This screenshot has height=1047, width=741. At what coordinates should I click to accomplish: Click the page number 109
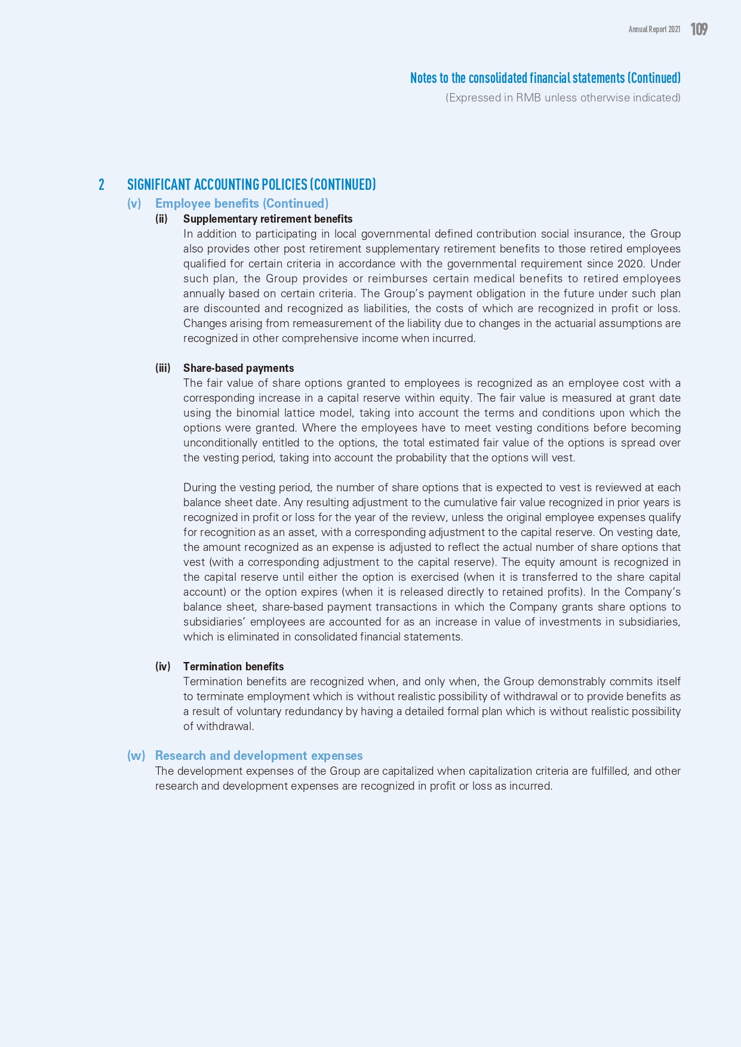tap(699, 29)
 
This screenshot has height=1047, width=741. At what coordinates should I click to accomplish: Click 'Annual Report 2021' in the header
tap(654, 29)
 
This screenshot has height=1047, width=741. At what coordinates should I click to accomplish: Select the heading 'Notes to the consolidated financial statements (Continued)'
tap(545, 78)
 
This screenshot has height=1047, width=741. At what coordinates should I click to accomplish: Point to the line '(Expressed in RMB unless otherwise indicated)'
tap(562, 98)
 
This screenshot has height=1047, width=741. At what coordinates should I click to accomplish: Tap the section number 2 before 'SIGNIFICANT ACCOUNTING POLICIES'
tap(102, 184)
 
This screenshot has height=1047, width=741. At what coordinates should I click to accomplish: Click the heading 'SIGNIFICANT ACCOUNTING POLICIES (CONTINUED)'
tap(251, 184)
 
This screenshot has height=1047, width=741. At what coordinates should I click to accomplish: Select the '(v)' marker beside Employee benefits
tap(134, 204)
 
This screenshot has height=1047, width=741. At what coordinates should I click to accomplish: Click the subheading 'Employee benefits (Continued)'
tap(242, 204)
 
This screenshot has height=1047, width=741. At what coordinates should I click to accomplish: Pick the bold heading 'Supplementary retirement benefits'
tap(268, 219)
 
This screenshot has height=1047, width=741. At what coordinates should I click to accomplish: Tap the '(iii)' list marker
tap(163, 368)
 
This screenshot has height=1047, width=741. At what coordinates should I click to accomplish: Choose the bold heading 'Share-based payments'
tap(238, 368)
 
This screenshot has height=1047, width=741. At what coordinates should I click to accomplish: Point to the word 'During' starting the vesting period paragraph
tap(199, 488)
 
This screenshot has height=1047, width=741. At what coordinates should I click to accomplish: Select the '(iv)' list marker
tap(163, 667)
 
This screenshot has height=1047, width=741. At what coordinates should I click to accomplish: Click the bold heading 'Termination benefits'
tap(233, 667)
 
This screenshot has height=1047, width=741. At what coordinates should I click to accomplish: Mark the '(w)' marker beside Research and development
tap(136, 756)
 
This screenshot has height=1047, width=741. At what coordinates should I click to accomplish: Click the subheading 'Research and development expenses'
tap(259, 756)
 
